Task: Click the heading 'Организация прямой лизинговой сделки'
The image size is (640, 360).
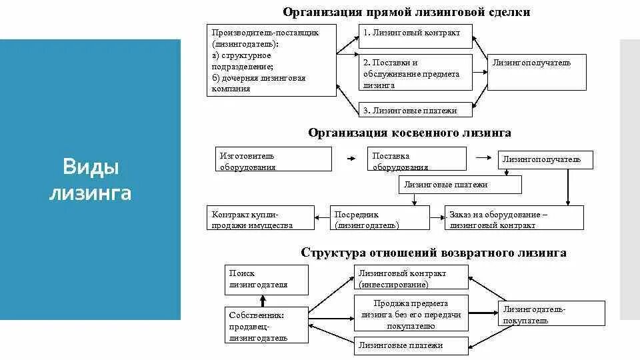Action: [x=407, y=12]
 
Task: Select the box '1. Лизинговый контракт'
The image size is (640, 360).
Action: [x=416, y=36]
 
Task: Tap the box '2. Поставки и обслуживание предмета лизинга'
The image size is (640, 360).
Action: [x=416, y=72]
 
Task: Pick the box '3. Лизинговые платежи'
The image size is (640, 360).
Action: [x=416, y=111]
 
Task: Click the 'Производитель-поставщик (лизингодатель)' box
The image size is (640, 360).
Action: [x=271, y=60]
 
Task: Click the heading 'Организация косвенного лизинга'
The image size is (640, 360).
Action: [x=409, y=133]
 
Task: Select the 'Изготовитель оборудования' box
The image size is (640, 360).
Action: [x=273, y=159]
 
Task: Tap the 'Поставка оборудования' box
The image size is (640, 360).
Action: [x=417, y=159]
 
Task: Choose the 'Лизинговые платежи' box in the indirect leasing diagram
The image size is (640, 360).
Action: [x=460, y=185]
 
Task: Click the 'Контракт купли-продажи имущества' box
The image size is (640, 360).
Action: [x=260, y=218]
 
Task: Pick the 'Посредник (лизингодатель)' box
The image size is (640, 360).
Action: [x=380, y=218]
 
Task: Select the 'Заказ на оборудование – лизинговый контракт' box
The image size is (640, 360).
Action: [x=514, y=218]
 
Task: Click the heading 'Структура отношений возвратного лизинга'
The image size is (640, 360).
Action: [x=433, y=253]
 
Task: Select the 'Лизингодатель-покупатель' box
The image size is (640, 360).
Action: [x=551, y=313]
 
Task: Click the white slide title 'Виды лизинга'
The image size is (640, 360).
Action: [x=91, y=180]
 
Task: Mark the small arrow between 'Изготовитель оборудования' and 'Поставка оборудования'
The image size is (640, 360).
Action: [x=349, y=159]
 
